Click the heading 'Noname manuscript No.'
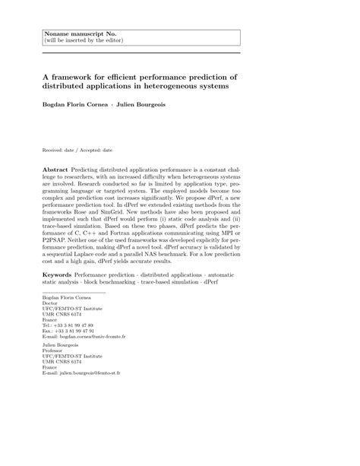pyautogui.click(x=74, y=33)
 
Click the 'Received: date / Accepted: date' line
pyautogui.click(x=77, y=151)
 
